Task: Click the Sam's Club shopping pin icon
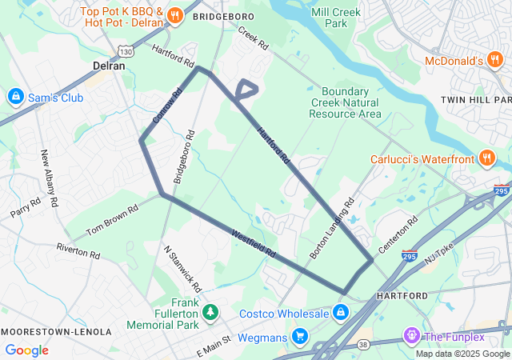[x=14, y=97]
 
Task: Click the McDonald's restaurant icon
[x=495, y=61]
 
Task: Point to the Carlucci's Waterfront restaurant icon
[x=487, y=158]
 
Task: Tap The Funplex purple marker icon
[x=411, y=334]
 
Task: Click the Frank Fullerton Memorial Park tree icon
[x=210, y=311]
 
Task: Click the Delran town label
[x=109, y=66]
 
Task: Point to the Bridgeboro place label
[x=223, y=16]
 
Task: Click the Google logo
[x=26, y=350]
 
